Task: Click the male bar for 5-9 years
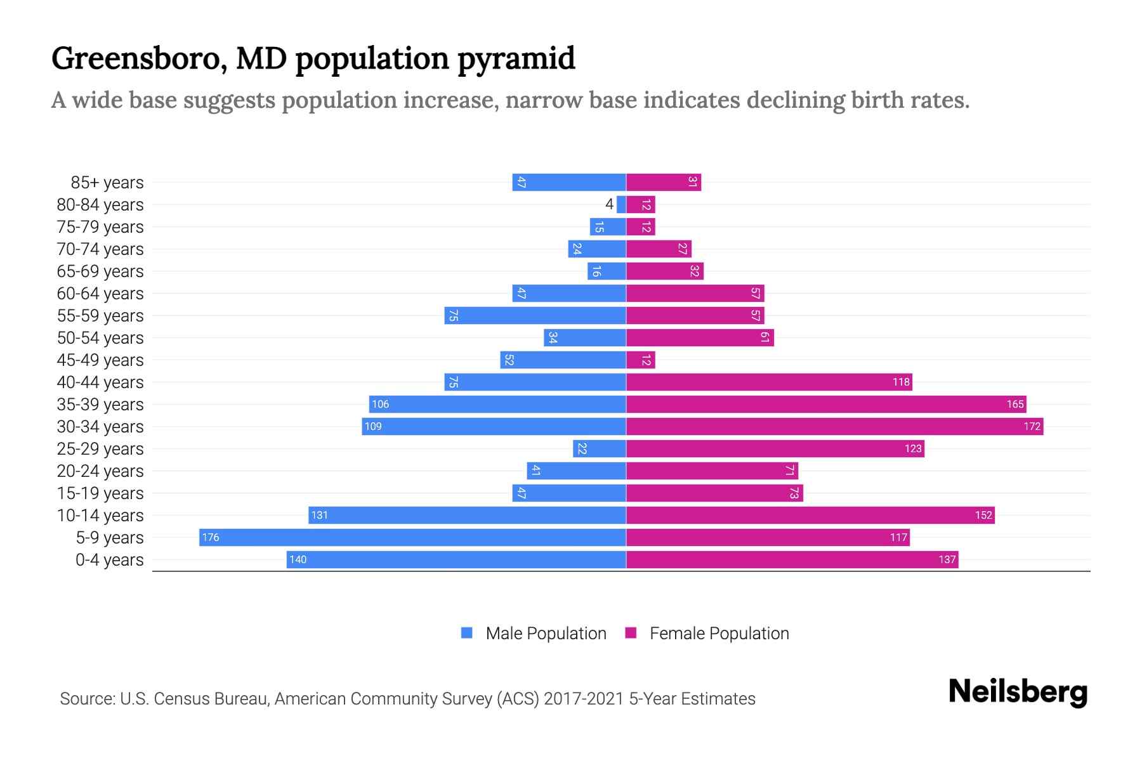coord(412,537)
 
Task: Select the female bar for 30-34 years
coord(834,426)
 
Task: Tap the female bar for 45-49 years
coord(640,360)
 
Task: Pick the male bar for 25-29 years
coord(599,448)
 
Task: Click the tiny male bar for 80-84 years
coord(621,204)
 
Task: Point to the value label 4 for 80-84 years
coord(609,204)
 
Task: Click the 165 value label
coord(1014,404)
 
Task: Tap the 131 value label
coord(320,515)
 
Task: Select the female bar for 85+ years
coord(663,182)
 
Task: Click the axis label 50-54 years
coord(100,337)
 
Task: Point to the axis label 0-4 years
coord(109,559)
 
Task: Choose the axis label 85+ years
coord(107,182)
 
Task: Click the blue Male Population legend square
coord(467,633)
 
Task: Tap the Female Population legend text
coord(719,633)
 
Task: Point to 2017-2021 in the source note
coord(583,698)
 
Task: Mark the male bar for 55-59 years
coord(535,315)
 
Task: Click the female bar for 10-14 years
coord(810,515)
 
